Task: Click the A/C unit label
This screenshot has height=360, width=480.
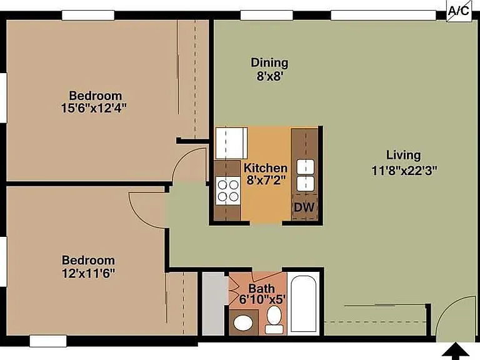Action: [x=458, y=11]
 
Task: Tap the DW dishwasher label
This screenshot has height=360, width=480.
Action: [x=304, y=207]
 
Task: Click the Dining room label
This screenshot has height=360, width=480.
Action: [x=269, y=62]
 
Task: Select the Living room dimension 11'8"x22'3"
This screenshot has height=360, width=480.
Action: [x=404, y=171]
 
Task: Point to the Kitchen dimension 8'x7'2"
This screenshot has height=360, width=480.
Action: [x=266, y=180]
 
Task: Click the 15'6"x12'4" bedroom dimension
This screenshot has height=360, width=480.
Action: [x=94, y=108]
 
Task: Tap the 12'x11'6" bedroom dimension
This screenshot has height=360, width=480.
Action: [x=89, y=272]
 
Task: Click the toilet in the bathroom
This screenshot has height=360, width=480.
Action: [x=274, y=319]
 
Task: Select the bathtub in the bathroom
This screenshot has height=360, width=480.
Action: [x=303, y=304]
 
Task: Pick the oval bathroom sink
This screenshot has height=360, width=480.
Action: [x=243, y=323]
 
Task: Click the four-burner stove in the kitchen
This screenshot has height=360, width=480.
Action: [x=227, y=191]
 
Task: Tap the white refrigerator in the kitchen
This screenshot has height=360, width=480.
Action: [x=231, y=143]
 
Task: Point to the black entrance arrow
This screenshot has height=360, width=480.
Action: [x=456, y=351]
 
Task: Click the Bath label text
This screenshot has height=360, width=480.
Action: [x=261, y=288]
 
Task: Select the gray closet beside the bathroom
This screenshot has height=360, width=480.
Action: [x=214, y=304]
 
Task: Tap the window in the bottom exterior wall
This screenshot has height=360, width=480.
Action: [x=48, y=341]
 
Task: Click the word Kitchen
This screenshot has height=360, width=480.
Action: [x=266, y=168]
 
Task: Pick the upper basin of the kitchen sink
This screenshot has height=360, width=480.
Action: [x=305, y=167]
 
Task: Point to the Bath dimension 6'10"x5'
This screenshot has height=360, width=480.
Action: [x=262, y=299]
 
